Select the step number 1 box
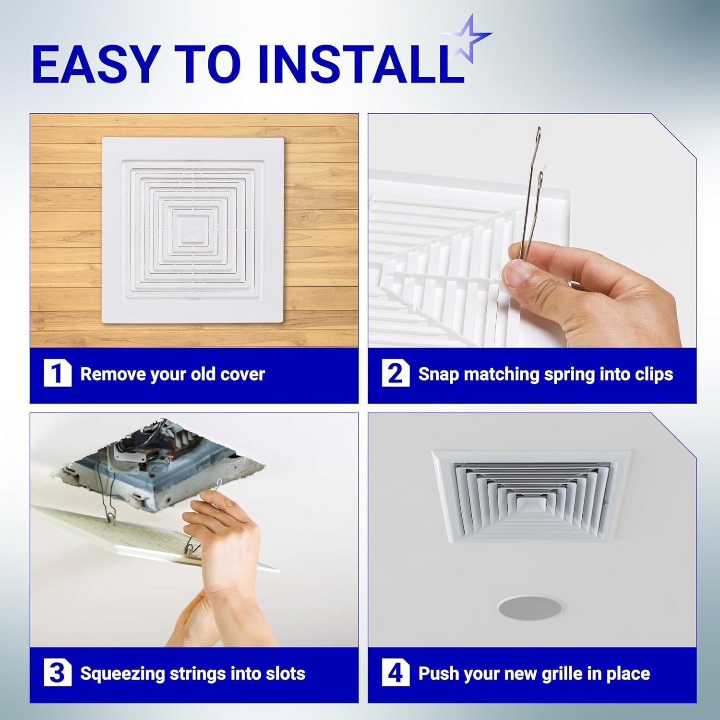57,374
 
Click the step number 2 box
396,374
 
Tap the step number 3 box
57,673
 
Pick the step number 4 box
396,673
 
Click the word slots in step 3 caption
284,674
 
